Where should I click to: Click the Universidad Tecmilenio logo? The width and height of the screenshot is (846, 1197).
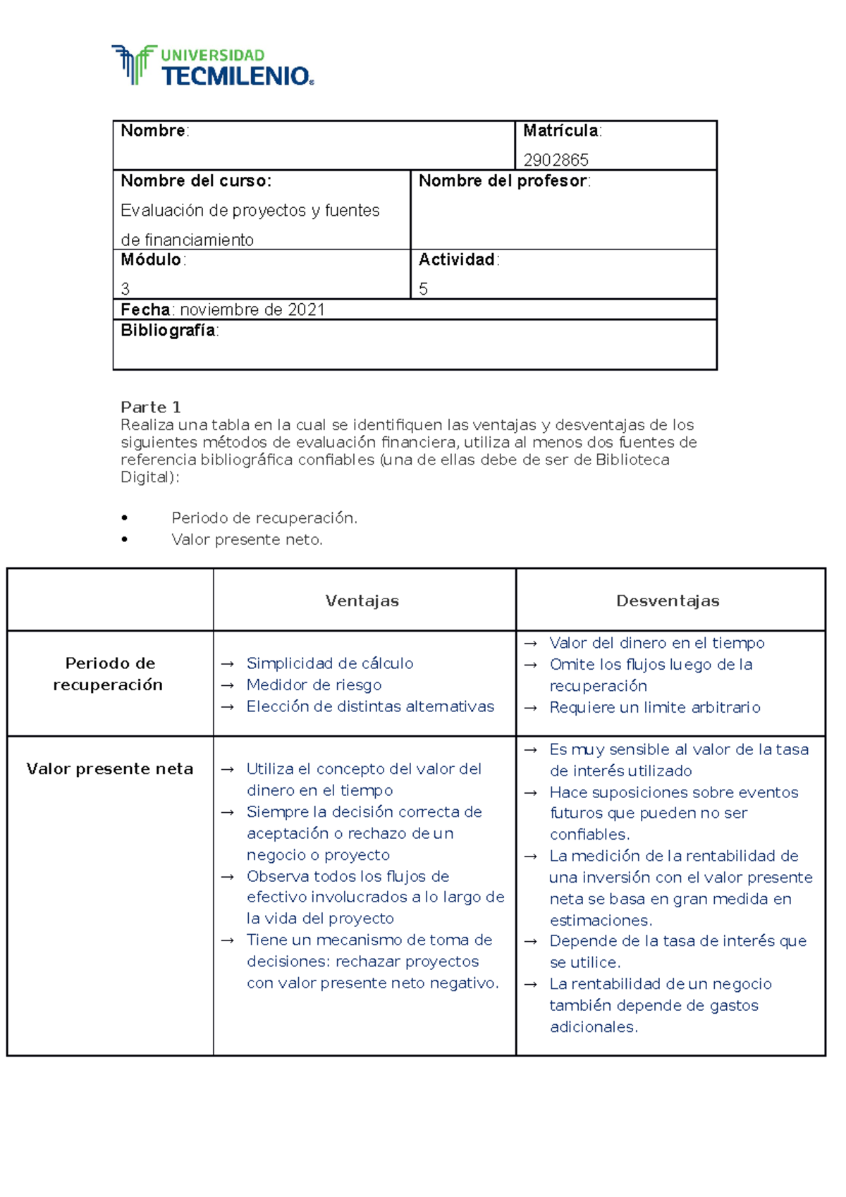[x=212, y=66]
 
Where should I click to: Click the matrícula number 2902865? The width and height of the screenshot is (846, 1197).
[x=556, y=160]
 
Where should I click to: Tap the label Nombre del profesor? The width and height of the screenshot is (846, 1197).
[x=503, y=181]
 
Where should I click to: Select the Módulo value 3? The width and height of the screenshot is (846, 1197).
[x=125, y=289]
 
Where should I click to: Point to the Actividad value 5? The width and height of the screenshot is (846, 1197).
[x=423, y=289]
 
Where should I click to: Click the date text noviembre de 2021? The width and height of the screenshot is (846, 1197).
[x=252, y=310]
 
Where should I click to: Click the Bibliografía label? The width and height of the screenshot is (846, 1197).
[x=168, y=331]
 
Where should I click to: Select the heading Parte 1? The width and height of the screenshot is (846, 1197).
[x=150, y=407]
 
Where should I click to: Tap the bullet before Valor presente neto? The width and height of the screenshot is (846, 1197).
[x=125, y=539]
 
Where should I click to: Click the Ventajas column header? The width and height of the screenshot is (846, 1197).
[x=362, y=601]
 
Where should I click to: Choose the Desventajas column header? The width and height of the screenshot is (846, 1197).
[x=668, y=601]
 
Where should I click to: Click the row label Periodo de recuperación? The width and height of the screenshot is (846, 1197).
[x=109, y=674]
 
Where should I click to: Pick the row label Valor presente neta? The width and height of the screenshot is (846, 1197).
[x=109, y=769]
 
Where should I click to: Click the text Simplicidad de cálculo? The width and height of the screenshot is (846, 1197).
[x=329, y=663]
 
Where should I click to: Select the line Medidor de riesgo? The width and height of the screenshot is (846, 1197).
[x=314, y=685]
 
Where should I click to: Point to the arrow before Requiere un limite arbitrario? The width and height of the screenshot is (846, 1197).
[x=531, y=708]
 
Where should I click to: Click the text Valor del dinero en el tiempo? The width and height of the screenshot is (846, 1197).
[x=656, y=643]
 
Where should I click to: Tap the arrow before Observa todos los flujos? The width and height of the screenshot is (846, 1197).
[x=227, y=877]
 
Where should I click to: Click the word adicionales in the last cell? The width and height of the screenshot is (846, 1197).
[x=593, y=1027]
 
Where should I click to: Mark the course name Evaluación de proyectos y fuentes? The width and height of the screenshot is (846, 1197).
[x=250, y=211]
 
